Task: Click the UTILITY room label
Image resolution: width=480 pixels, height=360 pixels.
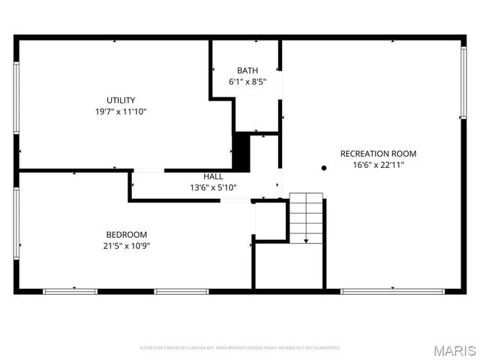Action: pyautogui.click(x=121, y=100)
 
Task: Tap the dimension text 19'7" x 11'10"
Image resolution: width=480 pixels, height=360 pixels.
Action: pyautogui.click(x=121, y=112)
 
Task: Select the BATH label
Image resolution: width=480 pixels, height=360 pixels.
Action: pyautogui.click(x=247, y=70)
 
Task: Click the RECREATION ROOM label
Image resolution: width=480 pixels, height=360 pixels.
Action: pyautogui.click(x=378, y=154)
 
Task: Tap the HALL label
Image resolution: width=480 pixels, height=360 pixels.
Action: pyautogui.click(x=213, y=177)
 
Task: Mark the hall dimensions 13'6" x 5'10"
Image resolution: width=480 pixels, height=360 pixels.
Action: pyautogui.click(x=213, y=187)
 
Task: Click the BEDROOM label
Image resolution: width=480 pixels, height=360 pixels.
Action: pyautogui.click(x=126, y=234)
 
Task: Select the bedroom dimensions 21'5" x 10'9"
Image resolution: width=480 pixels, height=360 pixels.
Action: pyautogui.click(x=126, y=245)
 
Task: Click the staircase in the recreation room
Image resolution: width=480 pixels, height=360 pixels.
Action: pyautogui.click(x=306, y=217)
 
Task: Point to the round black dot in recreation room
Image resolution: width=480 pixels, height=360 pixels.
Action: pyautogui.click(x=324, y=168)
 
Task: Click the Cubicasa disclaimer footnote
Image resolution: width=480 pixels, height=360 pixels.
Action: pyautogui.click(x=240, y=348)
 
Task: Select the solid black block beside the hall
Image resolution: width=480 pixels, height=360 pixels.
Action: pyautogui.click(x=241, y=151)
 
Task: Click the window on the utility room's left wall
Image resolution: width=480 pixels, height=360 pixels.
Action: pyautogui.click(x=16, y=97)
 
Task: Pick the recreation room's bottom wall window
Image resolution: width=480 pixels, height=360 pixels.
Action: pyautogui.click(x=392, y=290)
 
